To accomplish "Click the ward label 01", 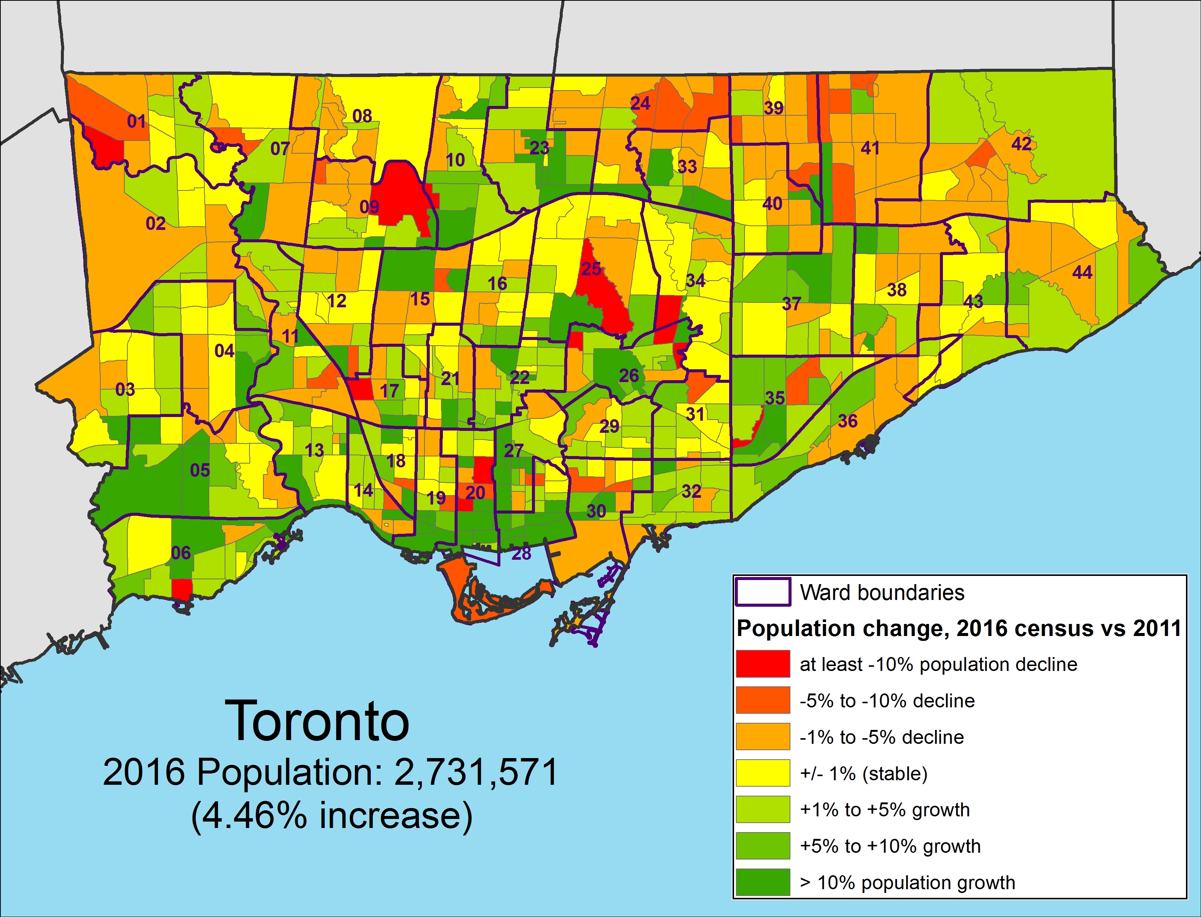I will [x=136, y=121].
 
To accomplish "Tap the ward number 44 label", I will [x=1082, y=272].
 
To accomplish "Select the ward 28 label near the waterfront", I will [x=521, y=553].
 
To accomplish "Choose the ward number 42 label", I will [x=1021, y=144].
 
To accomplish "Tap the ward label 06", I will [x=181, y=553].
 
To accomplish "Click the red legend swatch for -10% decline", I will [x=763, y=664].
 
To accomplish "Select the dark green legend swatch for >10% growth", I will [x=763, y=882].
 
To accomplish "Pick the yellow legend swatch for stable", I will [x=763, y=773].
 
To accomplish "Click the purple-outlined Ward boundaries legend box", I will [x=763, y=592].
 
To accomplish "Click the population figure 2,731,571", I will [x=476, y=772].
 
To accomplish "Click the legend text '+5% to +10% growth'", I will [x=890, y=846].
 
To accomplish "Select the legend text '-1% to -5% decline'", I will [x=882, y=737].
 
